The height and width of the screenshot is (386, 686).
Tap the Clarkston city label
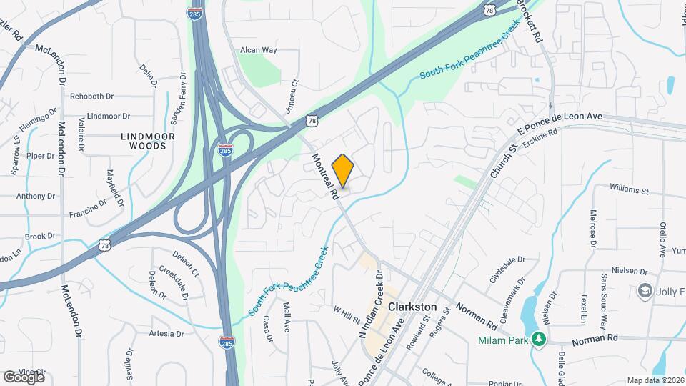click(x=412, y=306)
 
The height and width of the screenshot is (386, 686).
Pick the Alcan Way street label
click(x=258, y=50)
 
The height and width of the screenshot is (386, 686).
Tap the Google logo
click(x=24, y=377)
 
